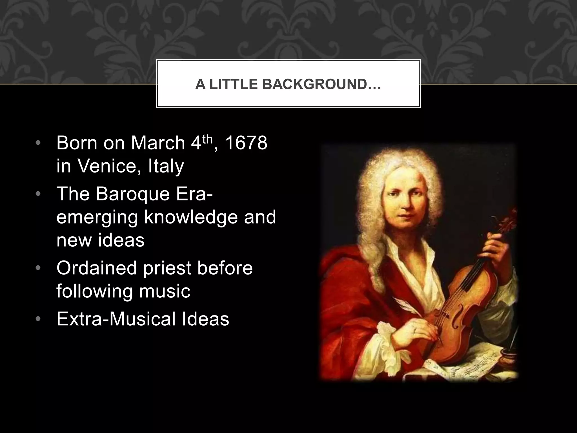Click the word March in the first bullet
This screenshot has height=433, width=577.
158,143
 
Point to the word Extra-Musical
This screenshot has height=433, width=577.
116,319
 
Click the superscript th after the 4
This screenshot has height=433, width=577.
208,139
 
